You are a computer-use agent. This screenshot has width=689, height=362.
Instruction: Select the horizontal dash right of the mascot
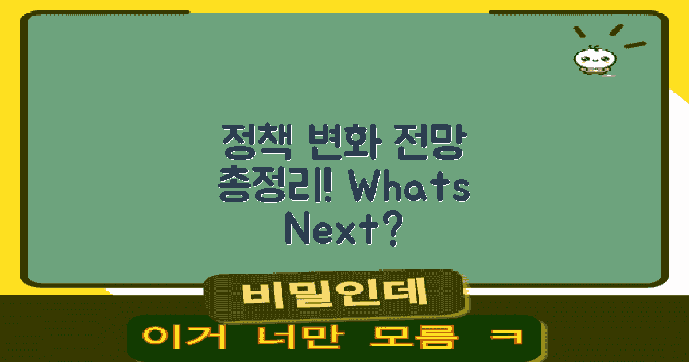coord(635,44)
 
